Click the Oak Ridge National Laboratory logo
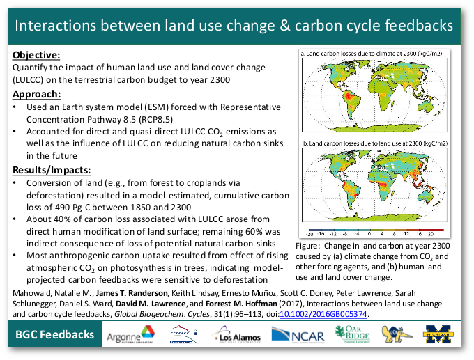(x=350, y=336)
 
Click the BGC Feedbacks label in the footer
(x=56, y=336)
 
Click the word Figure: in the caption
(x=309, y=246)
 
